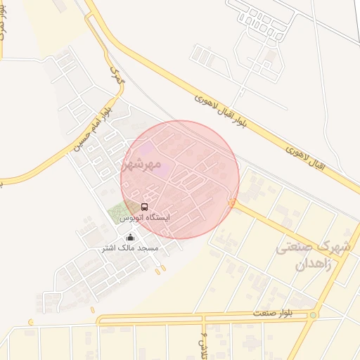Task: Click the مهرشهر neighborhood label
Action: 138,165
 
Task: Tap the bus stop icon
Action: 144,207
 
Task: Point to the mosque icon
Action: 130,237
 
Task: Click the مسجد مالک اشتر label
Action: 130,247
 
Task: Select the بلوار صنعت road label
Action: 254,312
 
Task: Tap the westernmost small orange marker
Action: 30,323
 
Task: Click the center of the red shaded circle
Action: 180,179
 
